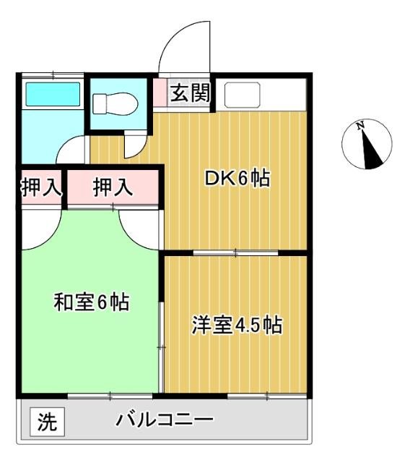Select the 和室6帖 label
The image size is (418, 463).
[92, 302]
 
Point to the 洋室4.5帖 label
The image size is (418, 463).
[236, 326]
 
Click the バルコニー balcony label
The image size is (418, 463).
[165, 420]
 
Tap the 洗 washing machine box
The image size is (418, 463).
[46, 421]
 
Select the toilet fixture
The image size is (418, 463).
[113, 105]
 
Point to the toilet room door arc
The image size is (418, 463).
[134, 145]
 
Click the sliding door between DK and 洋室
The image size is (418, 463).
[236, 252]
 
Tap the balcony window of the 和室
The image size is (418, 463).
[110, 395]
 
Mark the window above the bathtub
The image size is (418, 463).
[52, 74]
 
